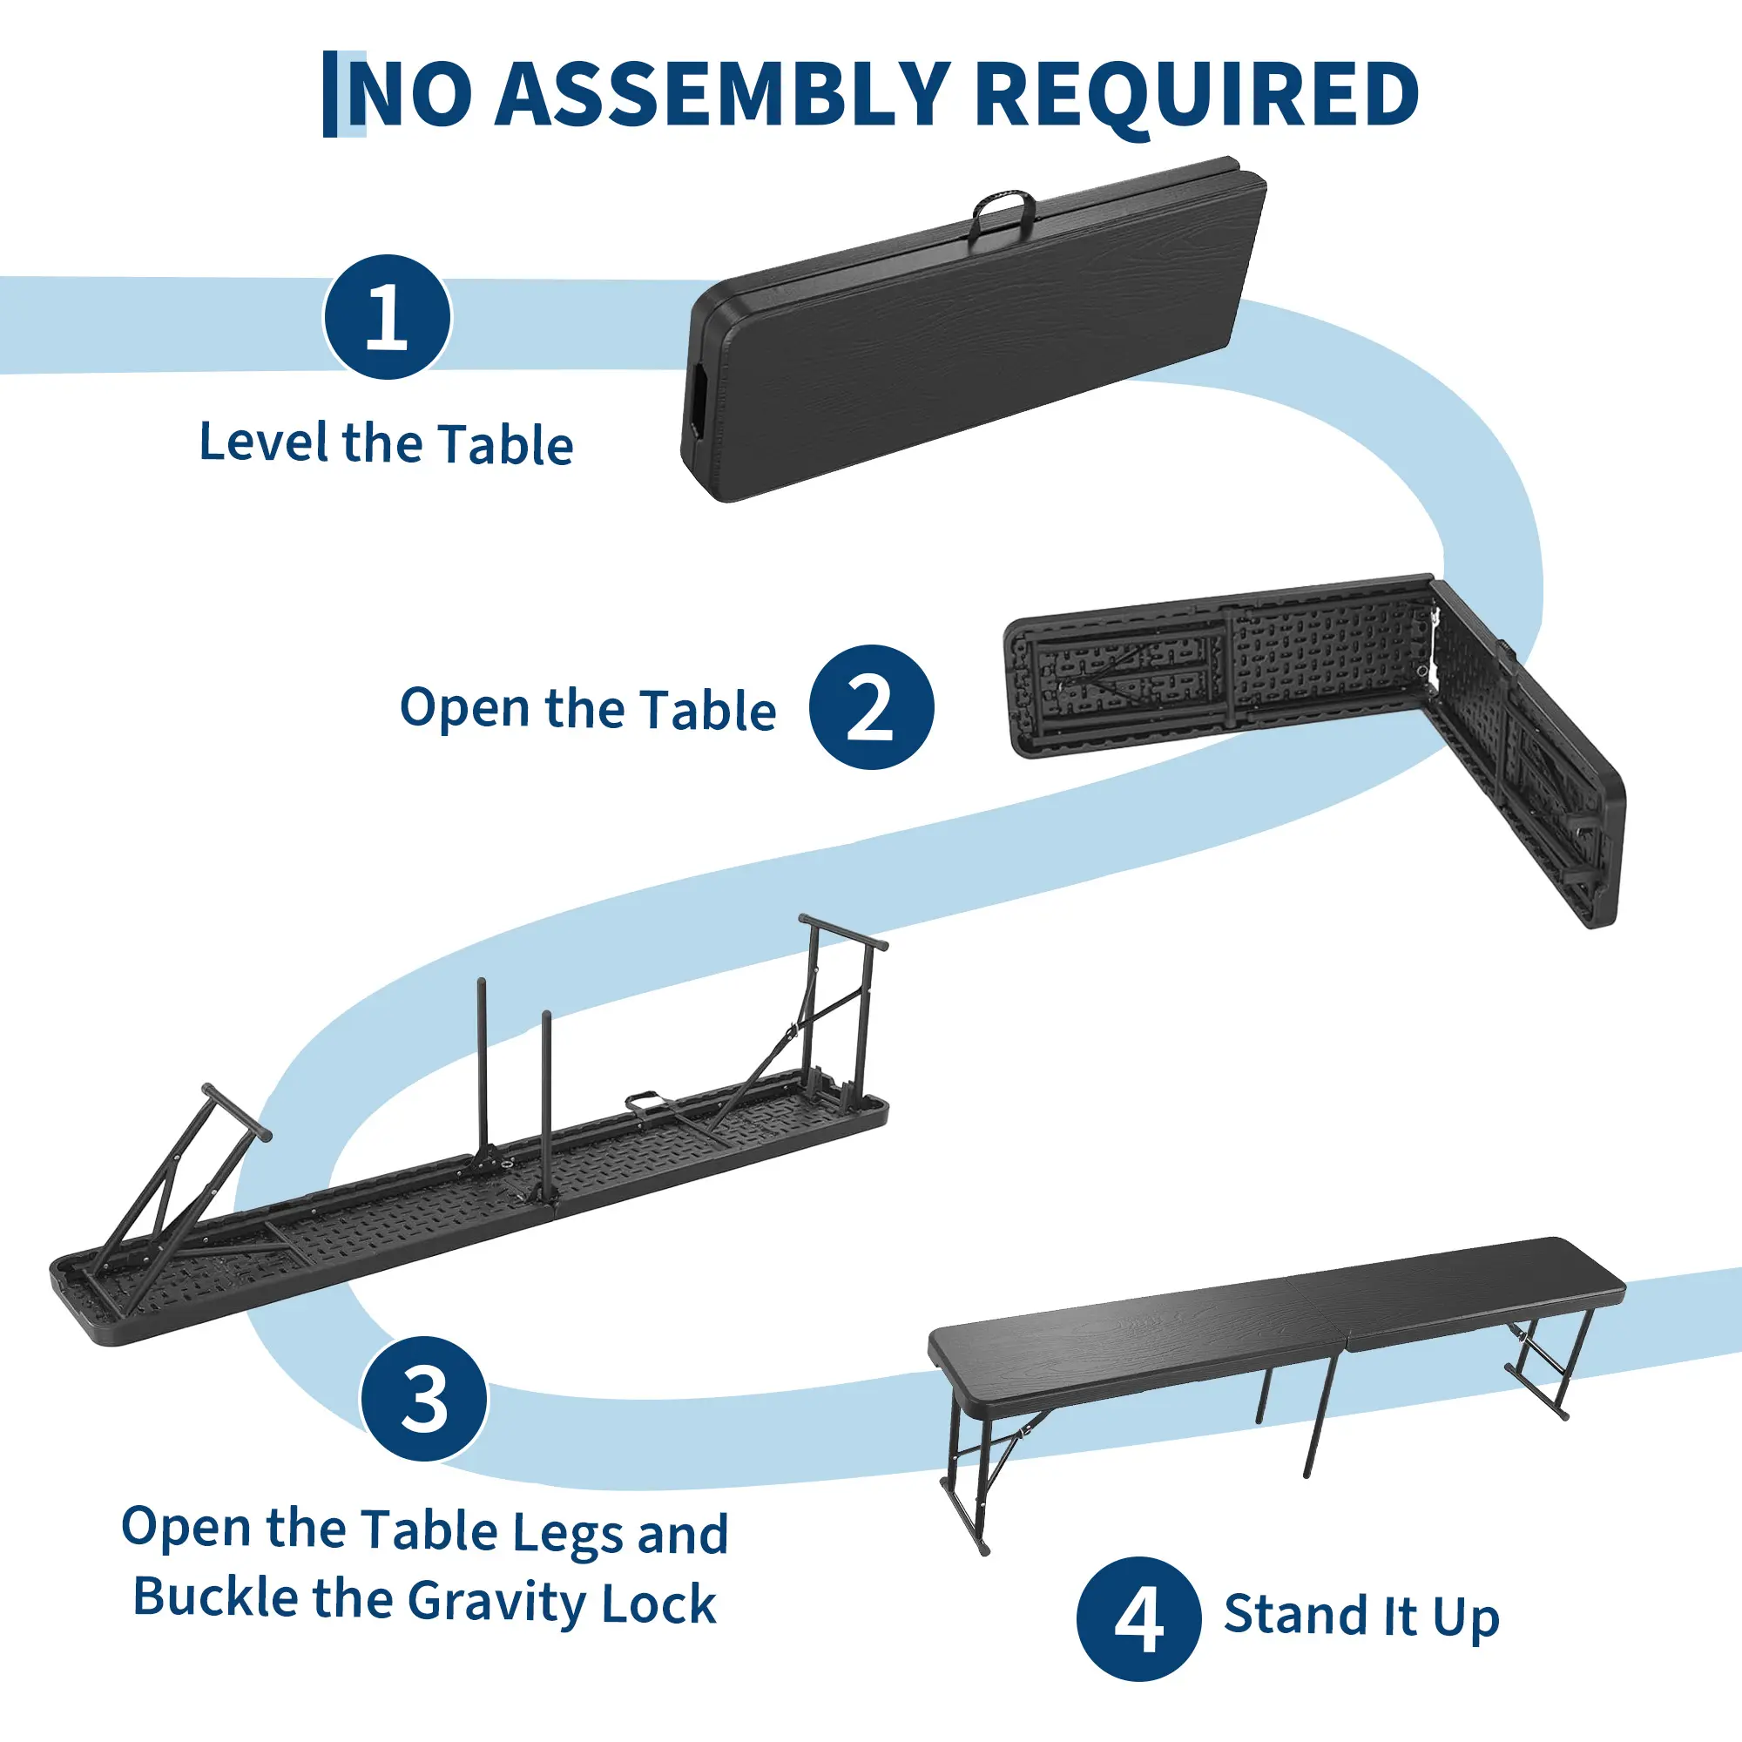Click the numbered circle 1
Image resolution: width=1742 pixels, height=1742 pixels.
click(388, 316)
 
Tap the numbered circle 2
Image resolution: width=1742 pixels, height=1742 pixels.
click(871, 707)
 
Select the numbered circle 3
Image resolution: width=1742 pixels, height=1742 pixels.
click(424, 1399)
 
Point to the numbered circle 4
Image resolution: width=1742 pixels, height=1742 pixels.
click(1138, 1618)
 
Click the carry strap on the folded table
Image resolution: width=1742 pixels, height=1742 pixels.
click(1002, 213)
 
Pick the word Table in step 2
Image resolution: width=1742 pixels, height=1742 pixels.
click(709, 710)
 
